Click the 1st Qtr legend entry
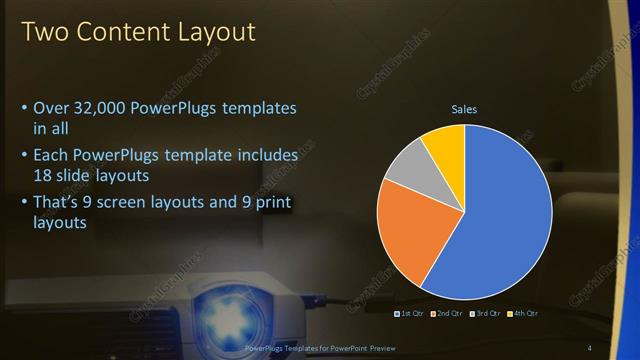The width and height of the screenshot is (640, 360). (411, 314)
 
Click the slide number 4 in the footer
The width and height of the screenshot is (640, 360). (617, 347)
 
